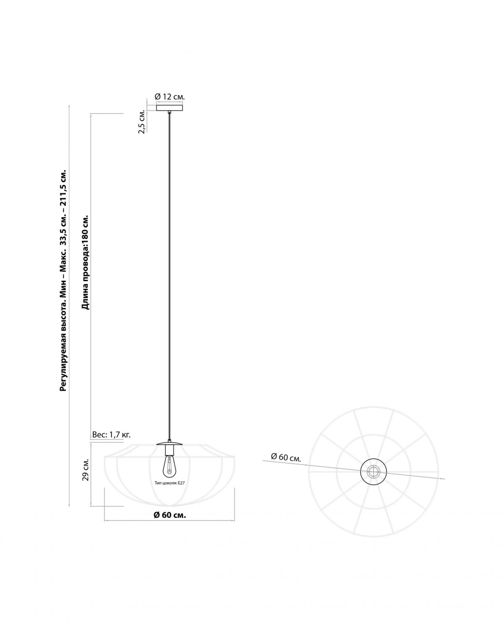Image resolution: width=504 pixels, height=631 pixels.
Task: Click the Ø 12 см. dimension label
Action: pyautogui.click(x=170, y=97)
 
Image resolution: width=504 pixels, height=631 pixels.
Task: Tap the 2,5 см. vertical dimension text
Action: pyautogui.click(x=142, y=122)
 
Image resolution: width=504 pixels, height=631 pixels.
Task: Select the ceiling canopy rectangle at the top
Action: pyautogui.click(x=170, y=108)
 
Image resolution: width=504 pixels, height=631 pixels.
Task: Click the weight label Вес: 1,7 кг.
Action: pyautogui.click(x=111, y=435)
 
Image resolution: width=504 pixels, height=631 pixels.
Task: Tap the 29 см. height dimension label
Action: pyautogui.click(x=86, y=470)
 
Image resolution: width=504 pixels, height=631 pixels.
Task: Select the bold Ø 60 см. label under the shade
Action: pyautogui.click(x=170, y=515)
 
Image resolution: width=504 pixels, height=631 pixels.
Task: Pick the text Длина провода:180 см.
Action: pyautogui.click(x=85, y=262)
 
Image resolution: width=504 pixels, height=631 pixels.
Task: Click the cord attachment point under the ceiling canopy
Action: pyautogui.click(x=169, y=112)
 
